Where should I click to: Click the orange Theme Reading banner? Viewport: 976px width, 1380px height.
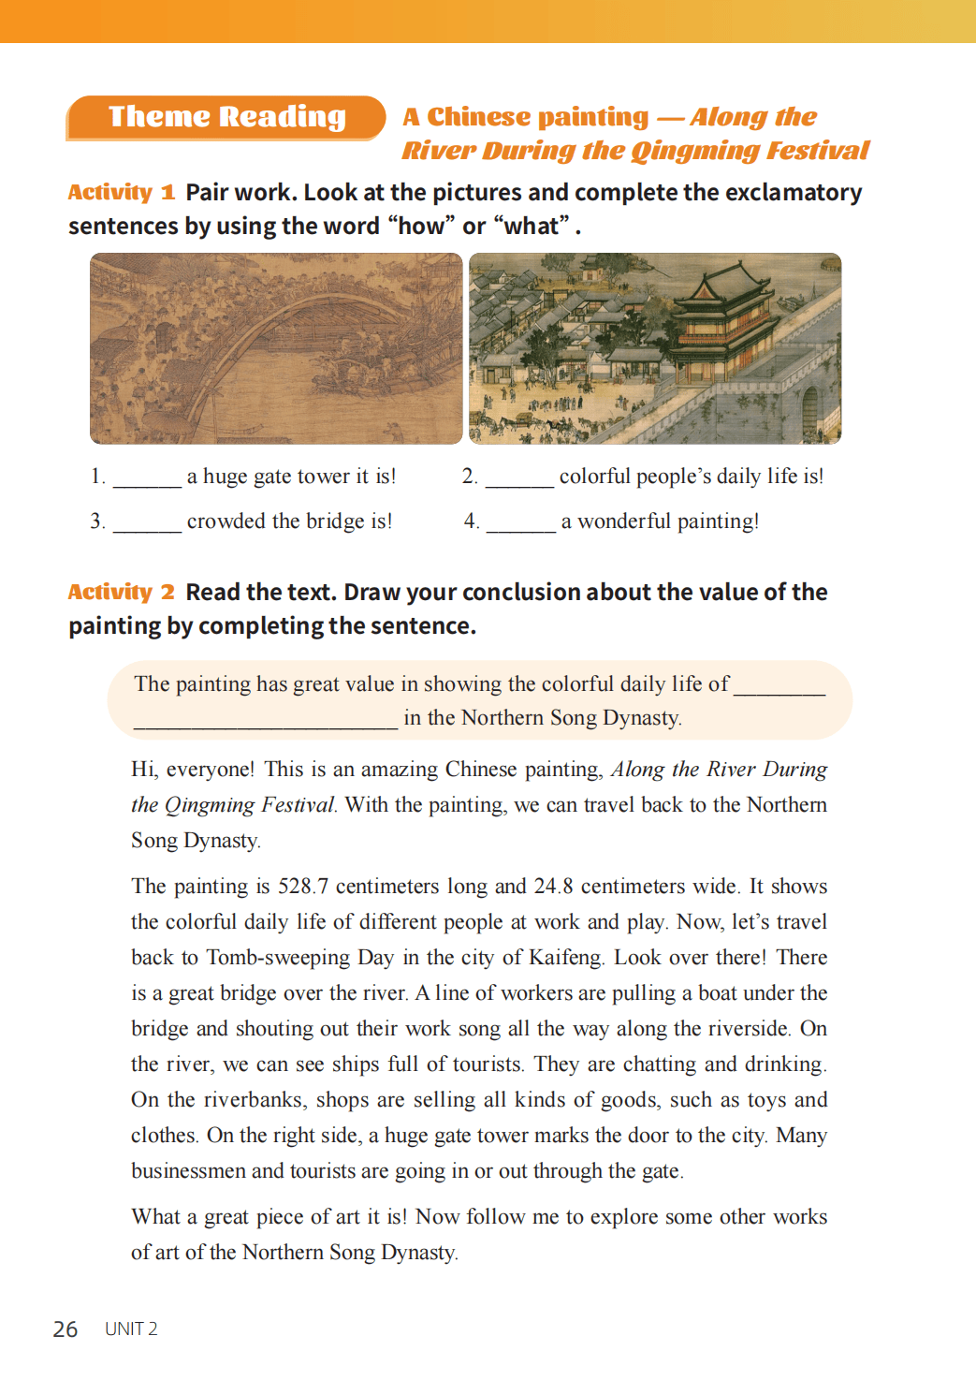point(226,117)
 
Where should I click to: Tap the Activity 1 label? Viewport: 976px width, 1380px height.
point(121,193)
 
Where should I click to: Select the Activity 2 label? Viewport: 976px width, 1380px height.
point(121,593)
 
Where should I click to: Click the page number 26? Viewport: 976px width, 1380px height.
point(66,1329)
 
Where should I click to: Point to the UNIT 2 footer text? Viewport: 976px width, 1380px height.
point(131,1329)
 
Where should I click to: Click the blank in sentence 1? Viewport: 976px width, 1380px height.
point(147,479)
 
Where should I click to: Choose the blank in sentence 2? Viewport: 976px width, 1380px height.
point(519,479)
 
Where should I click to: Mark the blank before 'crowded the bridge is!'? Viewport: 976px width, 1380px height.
point(147,524)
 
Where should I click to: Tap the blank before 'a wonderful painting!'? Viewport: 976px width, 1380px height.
point(521,524)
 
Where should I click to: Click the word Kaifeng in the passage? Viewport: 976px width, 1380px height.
point(565,958)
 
